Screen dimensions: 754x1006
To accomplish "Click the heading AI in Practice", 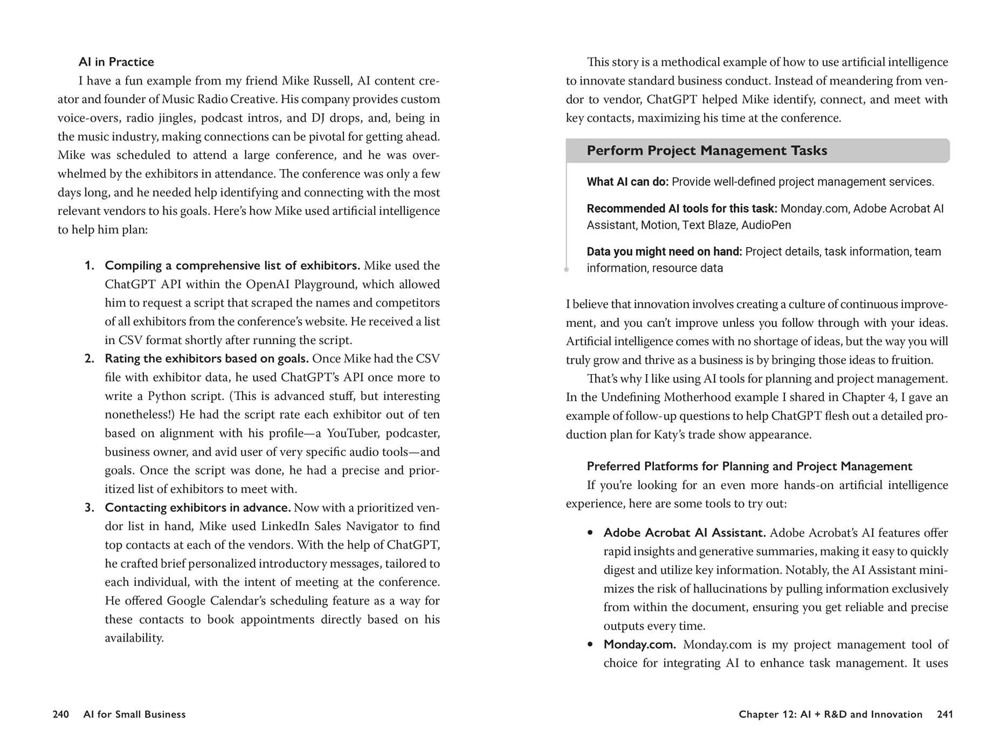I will [x=116, y=62].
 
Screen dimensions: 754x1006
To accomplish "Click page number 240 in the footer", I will [x=61, y=714].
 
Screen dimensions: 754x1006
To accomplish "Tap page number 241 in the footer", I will [x=945, y=714].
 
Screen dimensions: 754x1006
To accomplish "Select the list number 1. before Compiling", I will [x=89, y=266].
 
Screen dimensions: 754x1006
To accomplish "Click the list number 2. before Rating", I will [x=89, y=359].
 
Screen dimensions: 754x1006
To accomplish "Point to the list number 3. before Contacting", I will [x=89, y=508].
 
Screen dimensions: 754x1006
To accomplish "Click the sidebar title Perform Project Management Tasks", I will [x=706, y=151].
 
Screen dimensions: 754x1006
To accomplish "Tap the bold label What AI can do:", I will [x=627, y=182].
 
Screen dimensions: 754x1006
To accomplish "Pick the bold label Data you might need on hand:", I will [x=664, y=252].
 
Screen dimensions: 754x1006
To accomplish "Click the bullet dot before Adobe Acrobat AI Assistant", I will [x=590, y=533].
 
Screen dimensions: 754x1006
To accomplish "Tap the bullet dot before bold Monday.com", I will [x=590, y=645].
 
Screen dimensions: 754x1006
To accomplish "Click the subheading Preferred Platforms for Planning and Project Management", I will [x=749, y=466].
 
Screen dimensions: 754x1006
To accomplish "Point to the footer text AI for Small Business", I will [x=134, y=714].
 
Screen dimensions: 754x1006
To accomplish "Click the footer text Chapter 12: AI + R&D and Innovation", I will [x=830, y=714].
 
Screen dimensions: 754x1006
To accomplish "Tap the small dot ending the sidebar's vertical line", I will [x=566, y=269].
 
